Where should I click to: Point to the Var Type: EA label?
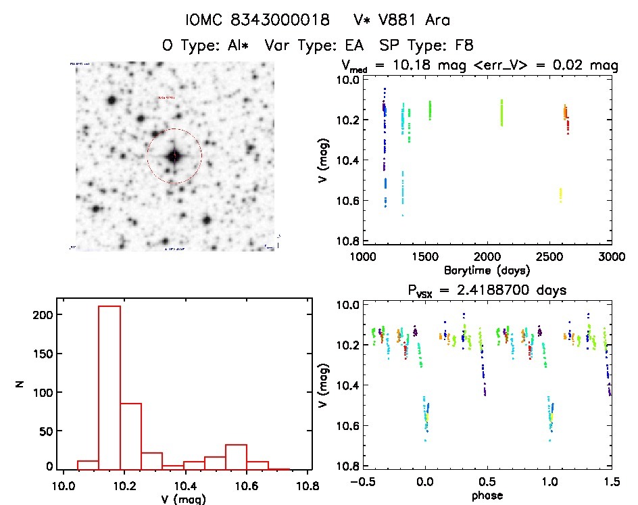[x=315, y=45]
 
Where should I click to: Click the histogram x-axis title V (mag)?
[x=185, y=500]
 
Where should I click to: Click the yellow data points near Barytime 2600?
[x=560, y=195]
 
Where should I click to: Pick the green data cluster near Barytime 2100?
[x=501, y=112]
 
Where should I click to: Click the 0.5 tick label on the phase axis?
[x=487, y=482]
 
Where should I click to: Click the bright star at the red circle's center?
[x=174, y=156]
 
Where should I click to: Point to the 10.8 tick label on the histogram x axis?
[x=307, y=486]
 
